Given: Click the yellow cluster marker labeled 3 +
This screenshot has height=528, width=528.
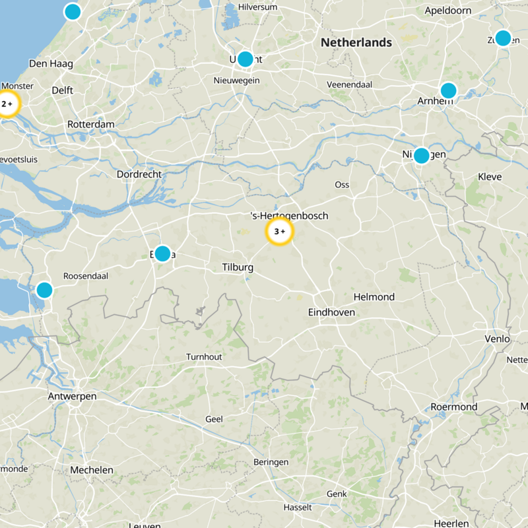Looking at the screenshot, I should (x=279, y=232).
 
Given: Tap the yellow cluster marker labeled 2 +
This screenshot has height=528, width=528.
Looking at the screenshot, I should (x=7, y=104).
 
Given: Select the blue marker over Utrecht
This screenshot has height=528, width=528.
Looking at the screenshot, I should (x=245, y=59).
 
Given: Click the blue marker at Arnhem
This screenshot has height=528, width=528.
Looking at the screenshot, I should (x=448, y=90).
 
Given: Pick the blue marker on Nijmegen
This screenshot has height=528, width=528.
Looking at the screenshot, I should (x=421, y=156).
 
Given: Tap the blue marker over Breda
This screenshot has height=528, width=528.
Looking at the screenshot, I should (x=162, y=253).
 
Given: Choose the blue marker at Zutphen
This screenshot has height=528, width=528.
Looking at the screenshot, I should (x=503, y=38).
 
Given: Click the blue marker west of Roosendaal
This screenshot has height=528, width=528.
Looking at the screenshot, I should (x=44, y=290).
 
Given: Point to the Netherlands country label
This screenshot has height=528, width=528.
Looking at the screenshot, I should (x=356, y=43).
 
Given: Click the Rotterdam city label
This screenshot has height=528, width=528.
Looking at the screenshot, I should (x=91, y=124).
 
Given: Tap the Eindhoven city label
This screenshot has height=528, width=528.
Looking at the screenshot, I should (x=331, y=312).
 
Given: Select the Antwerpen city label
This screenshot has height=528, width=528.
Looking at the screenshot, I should (x=72, y=397).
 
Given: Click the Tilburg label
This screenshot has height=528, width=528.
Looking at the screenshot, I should (x=238, y=267).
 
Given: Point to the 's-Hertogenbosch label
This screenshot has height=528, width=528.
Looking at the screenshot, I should (x=290, y=216).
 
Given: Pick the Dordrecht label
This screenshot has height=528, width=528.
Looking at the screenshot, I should (x=139, y=174).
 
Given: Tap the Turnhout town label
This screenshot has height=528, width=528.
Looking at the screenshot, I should (x=204, y=356).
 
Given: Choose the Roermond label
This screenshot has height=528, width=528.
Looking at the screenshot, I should (x=453, y=407).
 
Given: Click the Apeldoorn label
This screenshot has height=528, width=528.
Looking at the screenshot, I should (x=448, y=11).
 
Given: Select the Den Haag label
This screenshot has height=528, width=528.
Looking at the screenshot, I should (x=51, y=64).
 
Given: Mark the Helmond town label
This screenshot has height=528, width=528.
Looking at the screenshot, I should (x=374, y=297).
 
